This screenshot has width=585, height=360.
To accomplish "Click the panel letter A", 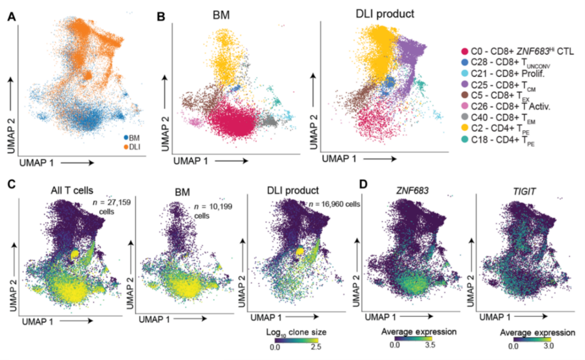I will [x=11, y=16].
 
